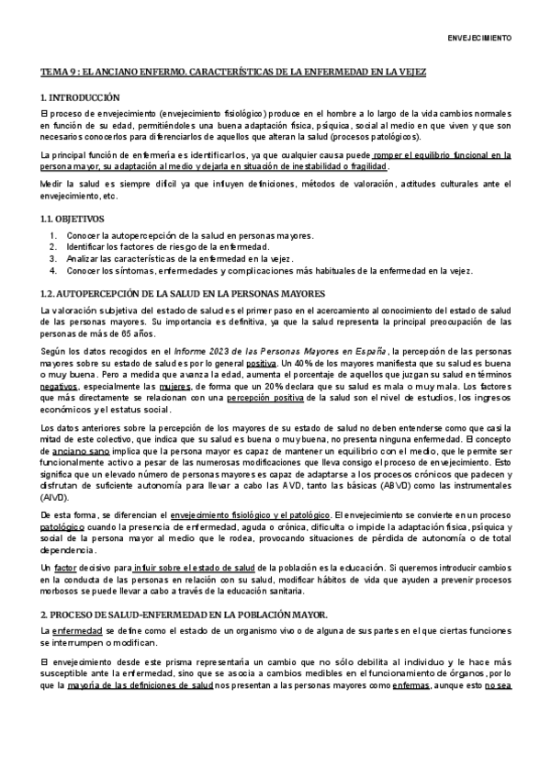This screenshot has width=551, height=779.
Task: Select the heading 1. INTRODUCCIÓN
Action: (x=80, y=97)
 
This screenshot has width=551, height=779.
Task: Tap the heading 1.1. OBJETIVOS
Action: (x=73, y=220)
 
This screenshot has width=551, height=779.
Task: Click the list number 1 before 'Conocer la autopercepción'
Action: (x=53, y=235)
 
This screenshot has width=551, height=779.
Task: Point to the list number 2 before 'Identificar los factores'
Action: (x=53, y=247)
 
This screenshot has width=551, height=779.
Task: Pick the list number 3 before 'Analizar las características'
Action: (x=53, y=259)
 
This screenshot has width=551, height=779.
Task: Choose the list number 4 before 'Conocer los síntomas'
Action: (x=53, y=271)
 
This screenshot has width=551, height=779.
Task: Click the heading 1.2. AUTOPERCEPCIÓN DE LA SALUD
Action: (x=182, y=293)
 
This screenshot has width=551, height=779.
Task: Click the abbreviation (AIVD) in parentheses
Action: (x=54, y=496)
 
